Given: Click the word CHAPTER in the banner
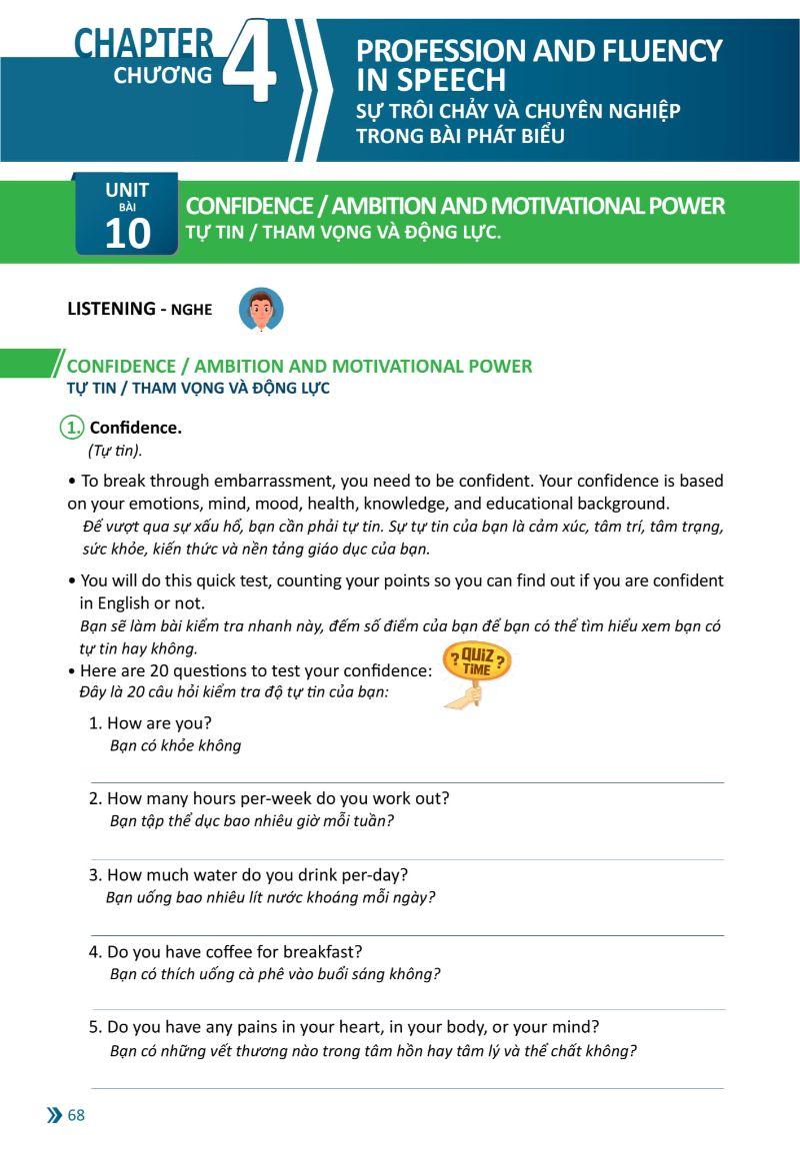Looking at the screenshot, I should [143, 44].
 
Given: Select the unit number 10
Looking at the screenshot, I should [127, 233].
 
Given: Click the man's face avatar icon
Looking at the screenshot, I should [261, 310].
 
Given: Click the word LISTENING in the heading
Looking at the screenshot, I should [111, 309].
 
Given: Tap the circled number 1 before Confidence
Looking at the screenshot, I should [73, 428].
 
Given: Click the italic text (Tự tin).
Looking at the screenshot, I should [115, 450].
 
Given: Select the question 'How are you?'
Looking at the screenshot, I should [159, 722].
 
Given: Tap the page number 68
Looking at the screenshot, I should [76, 1116].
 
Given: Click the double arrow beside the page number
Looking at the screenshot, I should [54, 1116].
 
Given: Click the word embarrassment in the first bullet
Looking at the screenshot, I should [285, 481].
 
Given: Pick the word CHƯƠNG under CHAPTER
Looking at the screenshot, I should [163, 75].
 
